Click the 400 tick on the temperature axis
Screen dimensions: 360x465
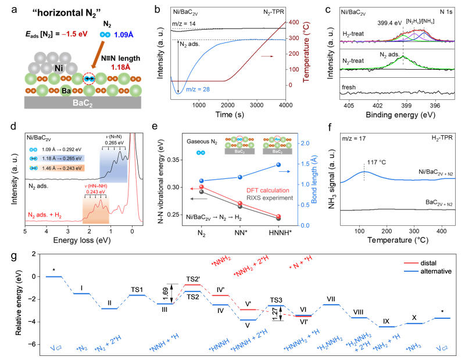[x=294, y=23]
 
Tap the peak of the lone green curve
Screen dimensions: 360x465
[x=403, y=57]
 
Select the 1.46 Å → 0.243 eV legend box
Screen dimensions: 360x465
[x=57, y=168]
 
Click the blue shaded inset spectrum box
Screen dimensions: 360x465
[x=113, y=164]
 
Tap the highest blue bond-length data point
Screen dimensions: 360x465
[x=278, y=165]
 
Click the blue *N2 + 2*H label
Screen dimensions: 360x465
[x=109, y=347]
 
